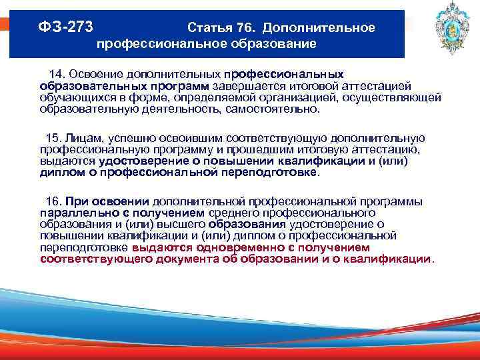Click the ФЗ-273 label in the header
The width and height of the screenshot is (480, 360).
[65, 28]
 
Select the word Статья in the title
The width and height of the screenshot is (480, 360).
[210, 29]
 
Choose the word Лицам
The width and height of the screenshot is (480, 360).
[82, 138]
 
